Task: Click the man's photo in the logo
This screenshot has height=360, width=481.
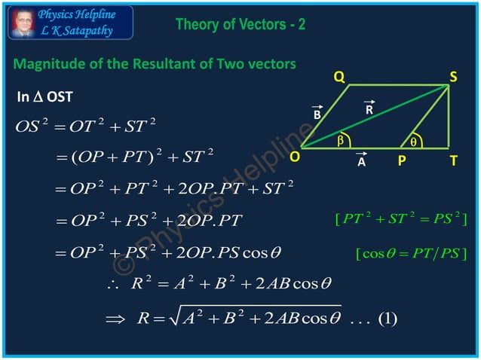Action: click(22, 23)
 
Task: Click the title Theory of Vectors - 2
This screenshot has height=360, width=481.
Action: click(240, 24)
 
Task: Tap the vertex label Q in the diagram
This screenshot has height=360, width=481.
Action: click(339, 77)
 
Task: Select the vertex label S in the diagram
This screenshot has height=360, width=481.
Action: click(454, 77)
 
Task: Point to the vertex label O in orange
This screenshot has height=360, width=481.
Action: click(294, 157)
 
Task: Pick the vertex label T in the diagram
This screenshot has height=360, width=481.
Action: click(452, 160)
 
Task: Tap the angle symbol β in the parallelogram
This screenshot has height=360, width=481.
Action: click(340, 140)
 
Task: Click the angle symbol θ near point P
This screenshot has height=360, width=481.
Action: click(412, 141)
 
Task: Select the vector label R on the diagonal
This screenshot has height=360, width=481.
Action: click(369, 109)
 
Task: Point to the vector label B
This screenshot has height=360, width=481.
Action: click(317, 114)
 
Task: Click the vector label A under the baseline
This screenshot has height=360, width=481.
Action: click(361, 160)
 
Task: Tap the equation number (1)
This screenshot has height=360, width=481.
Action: click(386, 319)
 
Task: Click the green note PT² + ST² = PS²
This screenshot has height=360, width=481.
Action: click(400, 219)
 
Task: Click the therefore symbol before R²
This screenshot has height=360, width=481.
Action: click(112, 286)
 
